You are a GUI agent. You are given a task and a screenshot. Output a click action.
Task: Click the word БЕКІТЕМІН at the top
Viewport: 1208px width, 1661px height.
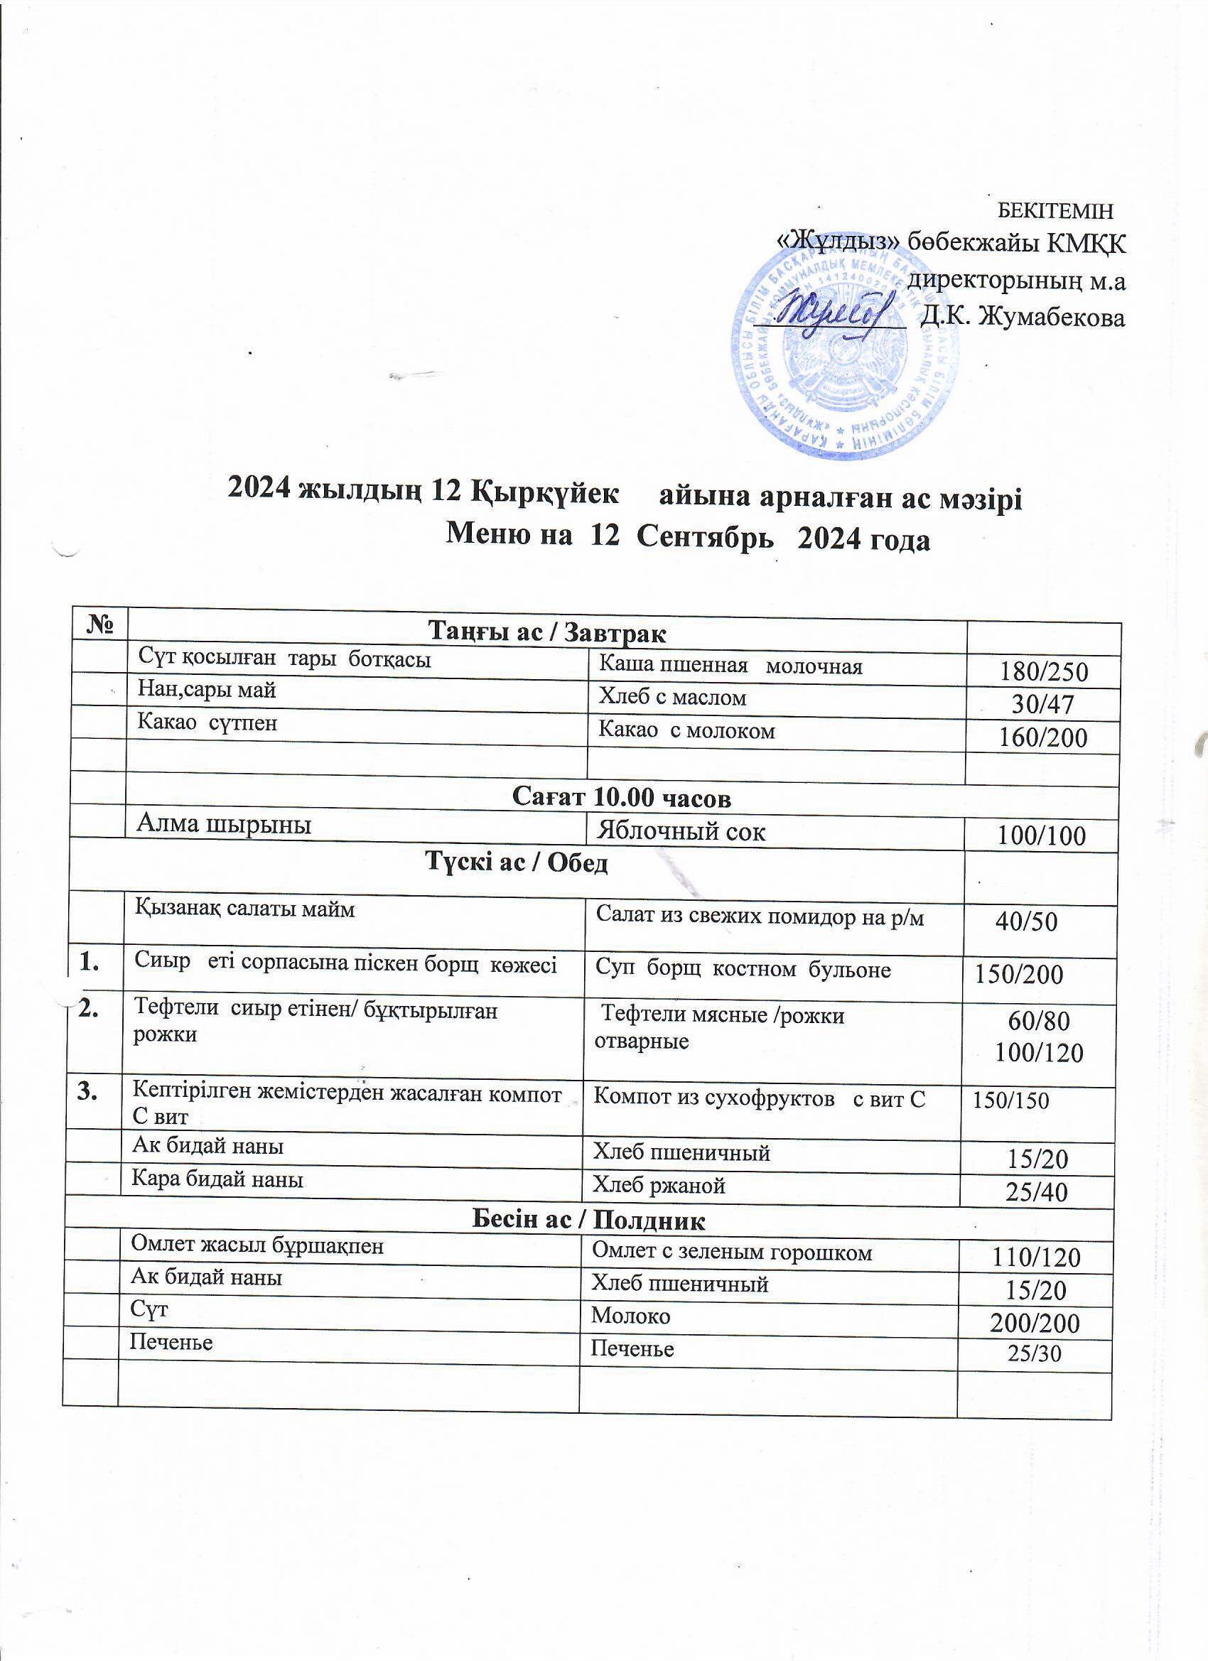[x=1056, y=211]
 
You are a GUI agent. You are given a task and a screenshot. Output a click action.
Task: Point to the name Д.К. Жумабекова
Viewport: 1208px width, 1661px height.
[x=1022, y=316]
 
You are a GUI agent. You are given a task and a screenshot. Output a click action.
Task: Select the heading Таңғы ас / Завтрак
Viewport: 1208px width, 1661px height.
[x=546, y=632]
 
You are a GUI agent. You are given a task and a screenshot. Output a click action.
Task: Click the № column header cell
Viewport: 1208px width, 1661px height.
[x=101, y=623]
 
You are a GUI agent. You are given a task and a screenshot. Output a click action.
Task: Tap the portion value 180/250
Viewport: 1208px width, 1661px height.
[x=1044, y=672]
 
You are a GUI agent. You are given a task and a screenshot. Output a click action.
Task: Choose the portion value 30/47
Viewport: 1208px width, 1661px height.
[x=1042, y=705]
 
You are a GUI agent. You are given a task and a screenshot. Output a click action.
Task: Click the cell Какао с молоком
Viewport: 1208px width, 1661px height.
[x=686, y=730]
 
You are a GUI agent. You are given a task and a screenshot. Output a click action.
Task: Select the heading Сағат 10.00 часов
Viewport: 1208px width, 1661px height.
[x=621, y=798]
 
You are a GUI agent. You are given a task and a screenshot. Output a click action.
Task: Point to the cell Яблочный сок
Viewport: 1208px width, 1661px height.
[x=681, y=831]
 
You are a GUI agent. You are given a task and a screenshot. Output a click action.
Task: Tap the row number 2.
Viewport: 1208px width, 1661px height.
[x=90, y=1010]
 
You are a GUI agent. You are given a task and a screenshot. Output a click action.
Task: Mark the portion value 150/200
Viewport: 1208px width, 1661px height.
[x=1018, y=975]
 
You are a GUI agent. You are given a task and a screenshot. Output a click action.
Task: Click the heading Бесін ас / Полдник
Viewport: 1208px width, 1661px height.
[x=588, y=1220]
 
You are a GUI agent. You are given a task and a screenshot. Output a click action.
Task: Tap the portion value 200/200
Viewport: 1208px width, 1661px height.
[x=1035, y=1324]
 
